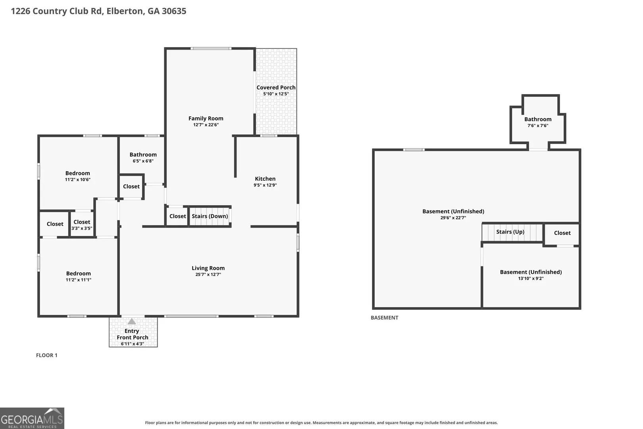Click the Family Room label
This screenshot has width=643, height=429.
[x=206, y=118]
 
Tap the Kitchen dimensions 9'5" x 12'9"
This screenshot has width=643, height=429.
[x=265, y=185]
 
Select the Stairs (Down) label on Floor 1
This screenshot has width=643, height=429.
[x=210, y=216]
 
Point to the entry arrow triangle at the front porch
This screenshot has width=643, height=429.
[x=131, y=321]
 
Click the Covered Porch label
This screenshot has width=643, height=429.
[x=276, y=87]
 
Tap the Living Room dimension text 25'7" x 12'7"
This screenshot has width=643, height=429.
[x=208, y=274]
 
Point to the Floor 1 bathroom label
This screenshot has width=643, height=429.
[x=143, y=155]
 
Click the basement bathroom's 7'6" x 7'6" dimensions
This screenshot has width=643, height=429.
[x=538, y=126]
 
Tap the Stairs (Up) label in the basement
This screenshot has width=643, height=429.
[x=510, y=232]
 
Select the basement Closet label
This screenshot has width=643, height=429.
[x=562, y=233]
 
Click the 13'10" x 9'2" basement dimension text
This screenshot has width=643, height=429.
[x=530, y=278]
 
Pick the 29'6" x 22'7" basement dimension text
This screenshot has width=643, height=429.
[x=453, y=218]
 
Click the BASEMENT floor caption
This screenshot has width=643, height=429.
[x=384, y=317]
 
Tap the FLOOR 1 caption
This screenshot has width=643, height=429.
[x=46, y=355]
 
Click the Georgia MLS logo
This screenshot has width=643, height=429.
[x=32, y=418]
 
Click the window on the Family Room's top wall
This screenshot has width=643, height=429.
[x=211, y=48]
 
